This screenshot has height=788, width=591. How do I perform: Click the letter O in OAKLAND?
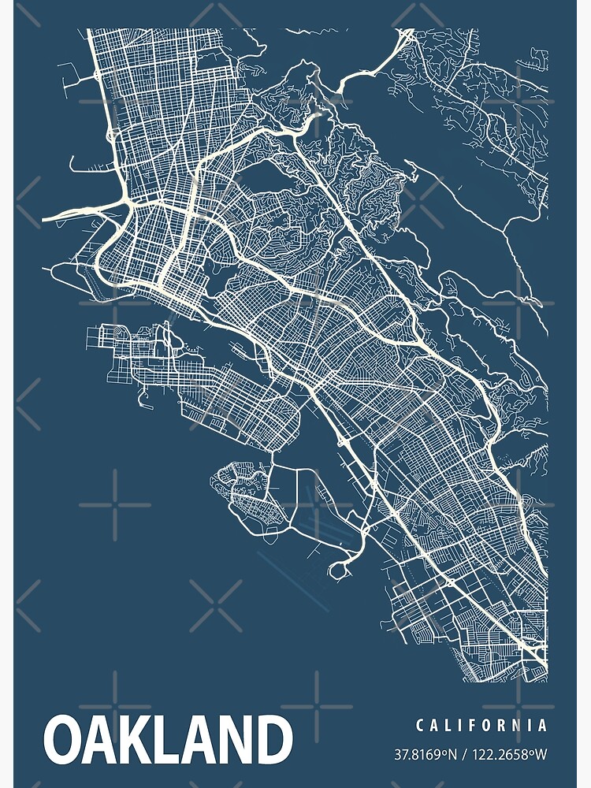(65, 741)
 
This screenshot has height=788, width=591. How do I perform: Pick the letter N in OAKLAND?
(236, 741)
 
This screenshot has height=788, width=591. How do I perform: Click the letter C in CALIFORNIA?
(420, 725)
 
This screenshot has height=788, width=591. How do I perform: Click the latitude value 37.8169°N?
(426, 755)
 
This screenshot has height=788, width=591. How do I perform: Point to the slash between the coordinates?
(466, 755)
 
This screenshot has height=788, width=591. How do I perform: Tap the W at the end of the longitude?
(541, 755)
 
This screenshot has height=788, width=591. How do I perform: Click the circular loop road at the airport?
(342, 568)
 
